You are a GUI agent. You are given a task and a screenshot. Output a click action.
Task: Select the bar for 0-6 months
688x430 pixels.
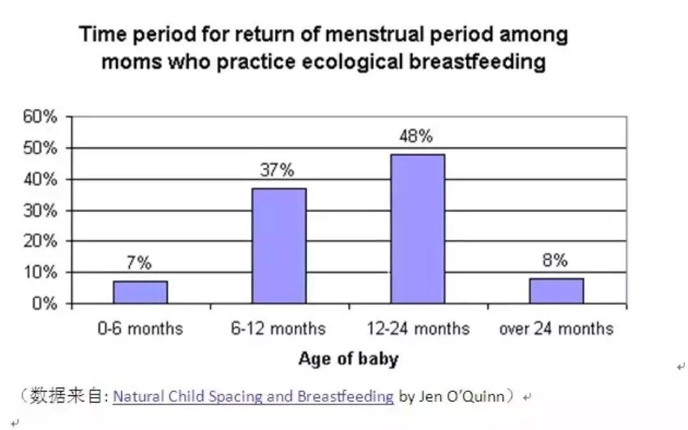click(140, 292)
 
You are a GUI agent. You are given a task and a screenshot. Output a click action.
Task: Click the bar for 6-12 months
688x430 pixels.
click(279, 246)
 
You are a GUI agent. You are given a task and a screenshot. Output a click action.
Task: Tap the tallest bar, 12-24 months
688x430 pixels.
click(418, 229)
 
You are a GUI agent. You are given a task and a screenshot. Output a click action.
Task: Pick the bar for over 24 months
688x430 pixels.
click(556, 291)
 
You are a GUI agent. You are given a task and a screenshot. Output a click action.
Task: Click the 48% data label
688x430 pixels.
click(416, 136)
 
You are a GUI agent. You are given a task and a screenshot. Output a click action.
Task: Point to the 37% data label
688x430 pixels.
click(277, 170)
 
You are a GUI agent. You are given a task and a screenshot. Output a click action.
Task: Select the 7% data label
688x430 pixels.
click(139, 263)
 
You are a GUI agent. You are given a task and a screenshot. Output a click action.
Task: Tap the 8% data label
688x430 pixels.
click(555, 260)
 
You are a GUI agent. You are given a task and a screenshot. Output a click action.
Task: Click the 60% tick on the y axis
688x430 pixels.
click(40, 117)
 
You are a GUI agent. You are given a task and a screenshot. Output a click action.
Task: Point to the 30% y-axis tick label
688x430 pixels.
click(40, 211)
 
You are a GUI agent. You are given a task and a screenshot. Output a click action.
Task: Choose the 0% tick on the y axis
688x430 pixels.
click(45, 304)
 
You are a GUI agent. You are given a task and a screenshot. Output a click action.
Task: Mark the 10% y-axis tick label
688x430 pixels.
click(40, 273)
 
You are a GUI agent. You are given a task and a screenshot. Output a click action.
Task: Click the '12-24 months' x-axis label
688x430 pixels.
click(418, 329)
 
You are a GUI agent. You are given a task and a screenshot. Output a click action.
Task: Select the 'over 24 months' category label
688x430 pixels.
click(556, 329)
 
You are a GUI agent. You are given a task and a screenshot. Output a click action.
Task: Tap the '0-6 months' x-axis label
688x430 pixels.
click(140, 329)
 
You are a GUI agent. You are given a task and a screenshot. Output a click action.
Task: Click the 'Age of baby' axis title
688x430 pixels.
click(348, 359)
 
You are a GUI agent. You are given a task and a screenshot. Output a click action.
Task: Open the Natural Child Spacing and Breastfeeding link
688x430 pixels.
click(253, 396)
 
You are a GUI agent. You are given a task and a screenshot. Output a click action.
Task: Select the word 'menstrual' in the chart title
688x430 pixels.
click(375, 34)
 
